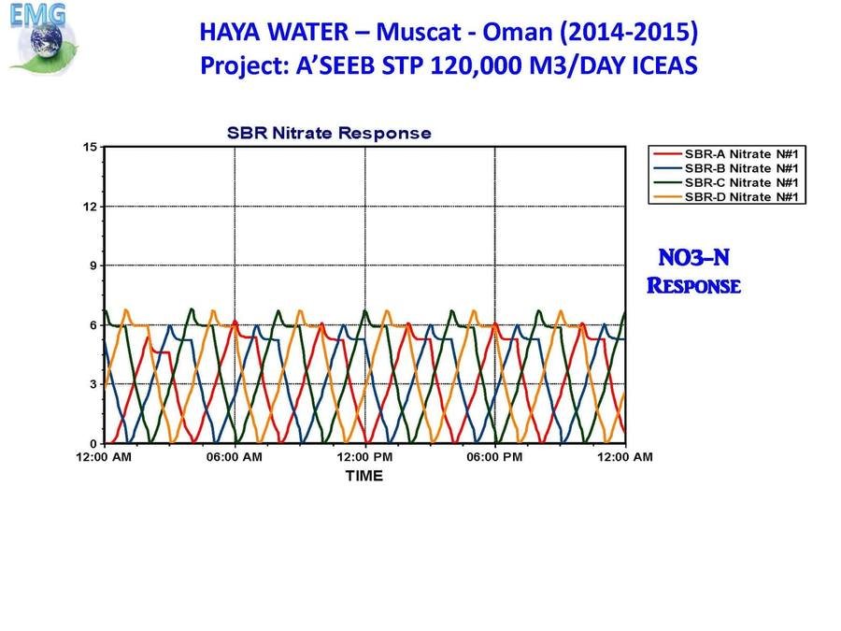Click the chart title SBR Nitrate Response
[x=329, y=133]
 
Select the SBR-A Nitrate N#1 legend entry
[x=726, y=154]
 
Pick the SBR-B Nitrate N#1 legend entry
[x=726, y=168]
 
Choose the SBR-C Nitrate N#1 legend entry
[x=726, y=183]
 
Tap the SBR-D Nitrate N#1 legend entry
[x=726, y=197]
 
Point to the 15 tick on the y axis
[x=90, y=147]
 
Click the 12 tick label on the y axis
[x=90, y=207]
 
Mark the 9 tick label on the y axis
[x=93, y=265]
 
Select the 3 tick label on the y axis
[x=93, y=384]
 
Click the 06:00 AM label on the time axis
[x=235, y=457]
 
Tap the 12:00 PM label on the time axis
[x=364, y=457]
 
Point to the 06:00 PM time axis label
[x=494, y=457]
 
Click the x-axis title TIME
[x=364, y=476]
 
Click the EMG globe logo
[x=43, y=37]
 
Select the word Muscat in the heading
[x=419, y=32]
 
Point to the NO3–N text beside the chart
[x=694, y=258]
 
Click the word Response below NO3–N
[x=694, y=285]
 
